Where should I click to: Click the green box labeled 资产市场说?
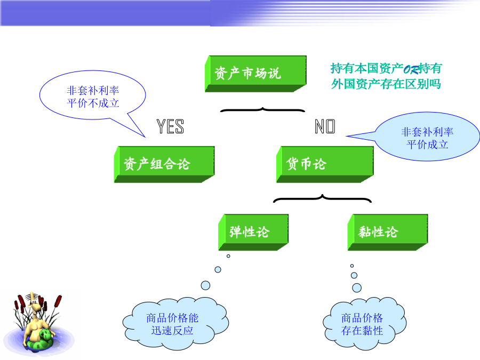tap(255, 74)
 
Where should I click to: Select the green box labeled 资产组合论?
tap(164, 164)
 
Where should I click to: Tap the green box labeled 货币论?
tap(325, 164)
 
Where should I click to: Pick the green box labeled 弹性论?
tap(253, 233)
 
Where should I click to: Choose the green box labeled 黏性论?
tap(388, 233)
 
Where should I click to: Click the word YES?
tap(170, 126)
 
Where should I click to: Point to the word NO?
tap(325, 126)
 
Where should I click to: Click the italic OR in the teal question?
tap(411, 70)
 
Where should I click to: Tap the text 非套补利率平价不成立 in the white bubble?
tap(93, 97)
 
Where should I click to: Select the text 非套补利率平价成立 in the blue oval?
tap(427, 138)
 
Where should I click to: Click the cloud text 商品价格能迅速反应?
tap(172, 324)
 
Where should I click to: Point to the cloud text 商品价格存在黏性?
tap(362, 324)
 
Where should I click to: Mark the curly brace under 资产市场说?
tap(262, 109)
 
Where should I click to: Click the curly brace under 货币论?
tap(322, 198)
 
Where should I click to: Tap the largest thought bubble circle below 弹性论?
tap(205, 286)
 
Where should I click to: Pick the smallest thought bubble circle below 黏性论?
tap(352, 266)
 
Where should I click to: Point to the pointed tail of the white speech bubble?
tap(145, 137)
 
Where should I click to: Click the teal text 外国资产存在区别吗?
tap(386, 84)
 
